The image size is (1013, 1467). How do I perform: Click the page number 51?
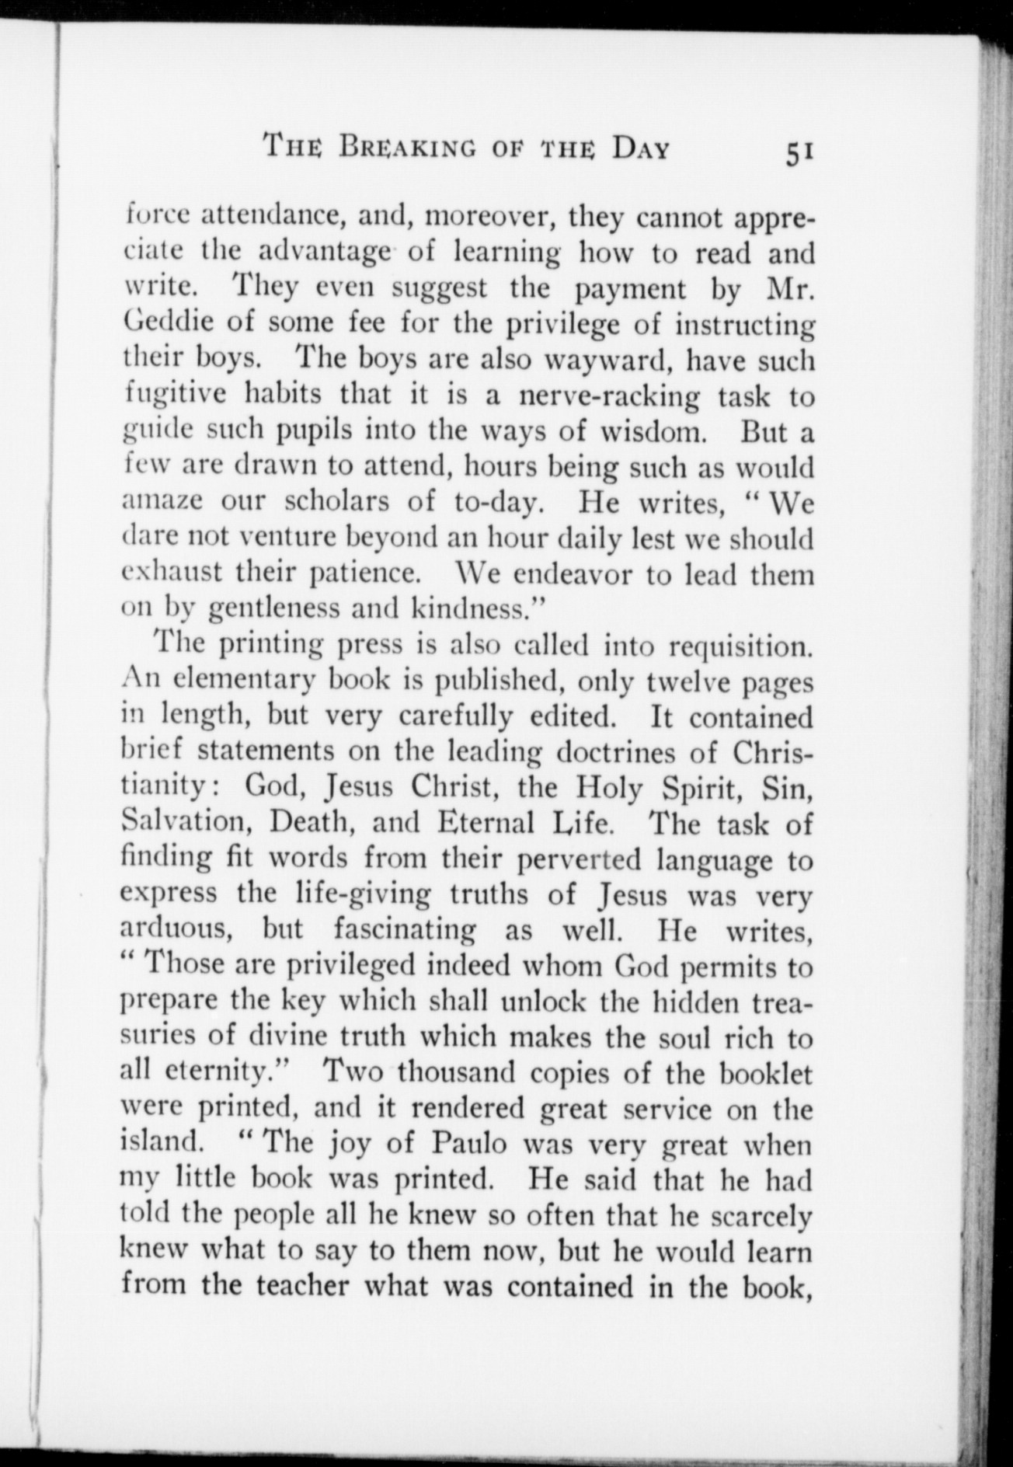coord(799,153)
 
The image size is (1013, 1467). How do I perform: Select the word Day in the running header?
coord(640,148)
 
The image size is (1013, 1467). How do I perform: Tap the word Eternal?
coord(486,823)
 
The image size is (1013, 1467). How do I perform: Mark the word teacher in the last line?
coord(275,1286)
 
